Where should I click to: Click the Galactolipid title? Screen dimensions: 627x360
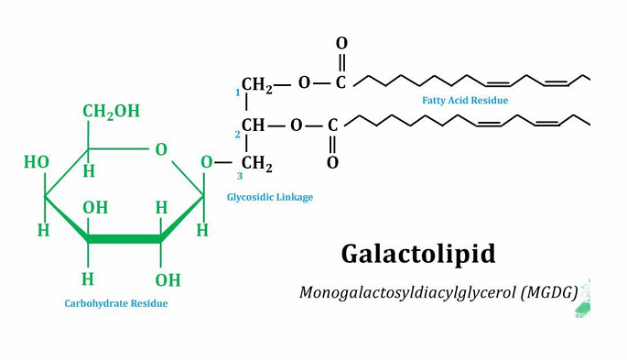tap(418, 255)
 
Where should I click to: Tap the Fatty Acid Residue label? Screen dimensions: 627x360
tap(465, 100)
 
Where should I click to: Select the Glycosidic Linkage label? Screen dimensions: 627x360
tap(270, 197)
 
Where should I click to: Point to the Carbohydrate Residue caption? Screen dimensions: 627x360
tap(116, 303)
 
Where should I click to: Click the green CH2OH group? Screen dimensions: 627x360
tap(111, 111)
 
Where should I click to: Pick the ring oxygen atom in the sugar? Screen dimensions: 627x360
tap(161, 149)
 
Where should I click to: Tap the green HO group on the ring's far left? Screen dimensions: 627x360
tap(37, 162)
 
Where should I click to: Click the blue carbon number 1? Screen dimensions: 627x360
tap(237, 93)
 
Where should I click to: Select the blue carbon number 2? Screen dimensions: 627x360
tap(237, 135)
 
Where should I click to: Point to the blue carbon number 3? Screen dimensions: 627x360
tap(240, 176)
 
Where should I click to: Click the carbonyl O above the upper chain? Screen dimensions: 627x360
tap(341, 43)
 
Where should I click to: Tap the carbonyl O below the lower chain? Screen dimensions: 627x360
tap(332, 162)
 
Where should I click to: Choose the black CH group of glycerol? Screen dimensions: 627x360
tap(254, 125)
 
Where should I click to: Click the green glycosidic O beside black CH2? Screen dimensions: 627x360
tap(206, 162)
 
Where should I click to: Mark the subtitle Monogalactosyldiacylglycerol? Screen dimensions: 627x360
tap(407, 293)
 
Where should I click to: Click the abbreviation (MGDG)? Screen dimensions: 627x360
tap(549, 293)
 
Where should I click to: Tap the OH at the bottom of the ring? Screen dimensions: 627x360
tap(168, 280)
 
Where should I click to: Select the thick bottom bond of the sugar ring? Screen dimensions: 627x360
tap(124, 239)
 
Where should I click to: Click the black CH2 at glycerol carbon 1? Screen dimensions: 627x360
tap(257, 85)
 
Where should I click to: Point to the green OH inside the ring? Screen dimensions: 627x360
tap(95, 208)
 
